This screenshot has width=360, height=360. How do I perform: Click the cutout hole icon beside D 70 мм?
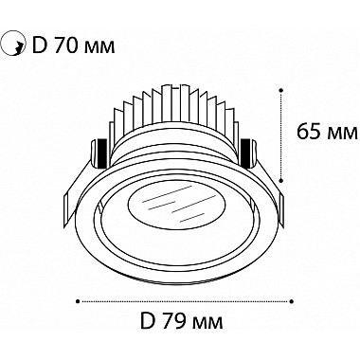tap(12, 45)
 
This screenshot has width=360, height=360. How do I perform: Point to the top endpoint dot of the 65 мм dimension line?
tap(281, 90)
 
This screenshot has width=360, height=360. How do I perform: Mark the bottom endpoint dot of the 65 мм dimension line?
tap(281, 180)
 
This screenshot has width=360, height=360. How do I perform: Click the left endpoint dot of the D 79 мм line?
tap(78, 301)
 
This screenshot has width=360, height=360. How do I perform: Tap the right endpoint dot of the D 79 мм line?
tap(292, 301)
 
